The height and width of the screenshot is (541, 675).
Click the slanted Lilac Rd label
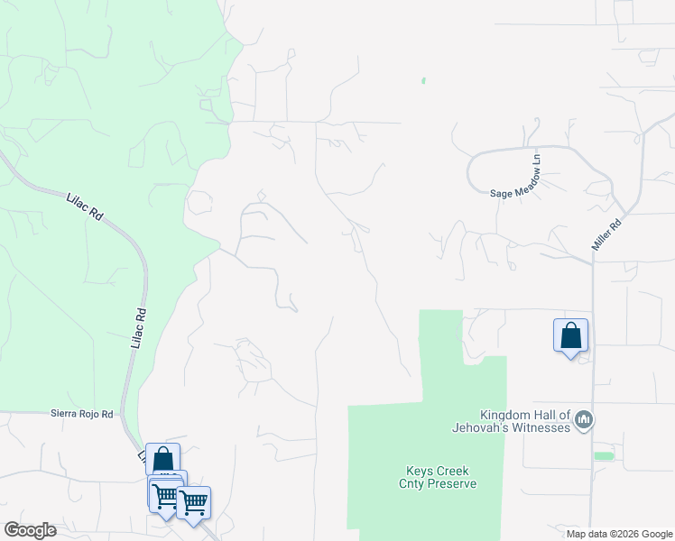86,206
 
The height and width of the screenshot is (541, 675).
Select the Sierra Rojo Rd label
81,414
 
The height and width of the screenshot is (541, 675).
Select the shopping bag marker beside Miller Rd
571,335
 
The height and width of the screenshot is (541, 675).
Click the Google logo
30,530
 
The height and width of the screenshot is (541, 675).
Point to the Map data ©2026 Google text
619,534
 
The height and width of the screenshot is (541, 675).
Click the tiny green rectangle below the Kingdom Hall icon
604,455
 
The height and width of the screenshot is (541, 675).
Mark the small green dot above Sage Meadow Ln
423,81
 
